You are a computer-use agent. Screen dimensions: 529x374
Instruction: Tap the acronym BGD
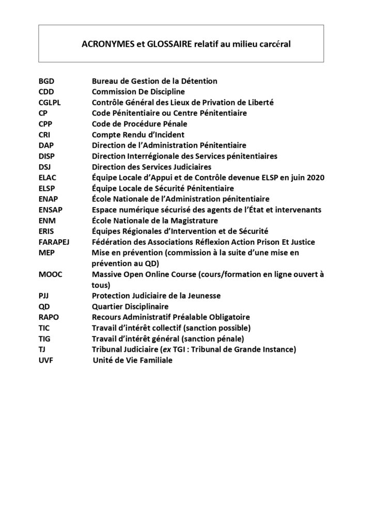click(x=46, y=81)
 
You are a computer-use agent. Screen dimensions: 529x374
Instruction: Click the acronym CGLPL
click(x=50, y=102)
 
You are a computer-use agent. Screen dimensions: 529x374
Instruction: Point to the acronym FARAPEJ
click(x=54, y=242)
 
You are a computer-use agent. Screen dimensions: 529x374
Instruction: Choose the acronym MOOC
click(x=50, y=274)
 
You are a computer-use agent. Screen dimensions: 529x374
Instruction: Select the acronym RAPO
click(x=49, y=317)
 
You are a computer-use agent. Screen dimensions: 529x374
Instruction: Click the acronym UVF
click(x=45, y=361)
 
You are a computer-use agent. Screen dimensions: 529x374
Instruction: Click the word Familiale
click(x=153, y=361)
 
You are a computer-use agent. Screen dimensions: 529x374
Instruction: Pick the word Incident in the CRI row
click(x=158, y=135)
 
